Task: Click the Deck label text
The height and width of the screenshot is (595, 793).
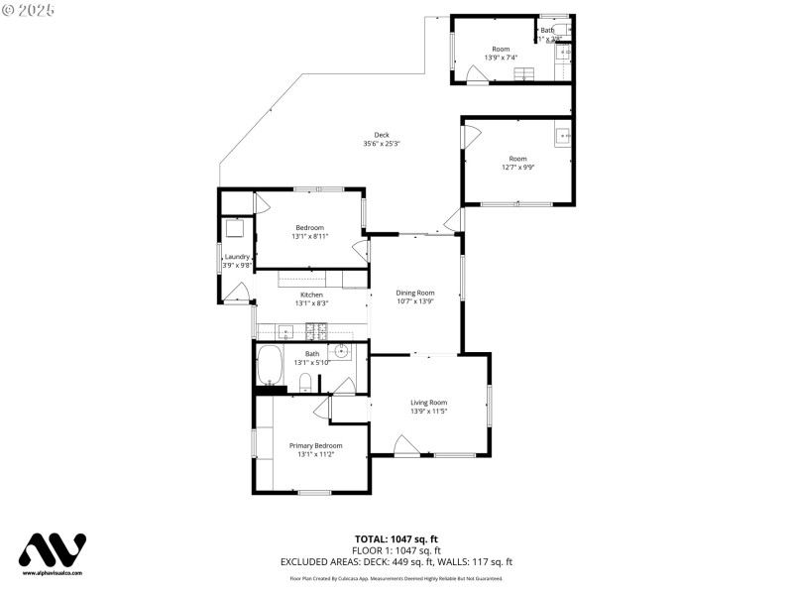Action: (382, 135)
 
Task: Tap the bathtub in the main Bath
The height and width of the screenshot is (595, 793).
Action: (271, 367)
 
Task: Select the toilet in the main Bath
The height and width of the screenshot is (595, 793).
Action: (305, 383)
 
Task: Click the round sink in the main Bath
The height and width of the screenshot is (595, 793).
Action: (341, 350)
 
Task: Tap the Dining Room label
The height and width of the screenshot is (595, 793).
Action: (415, 293)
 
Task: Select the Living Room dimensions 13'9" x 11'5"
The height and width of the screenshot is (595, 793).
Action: (428, 411)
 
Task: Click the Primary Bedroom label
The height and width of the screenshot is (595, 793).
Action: (315, 446)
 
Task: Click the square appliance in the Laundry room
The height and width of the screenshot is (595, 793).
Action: (235, 228)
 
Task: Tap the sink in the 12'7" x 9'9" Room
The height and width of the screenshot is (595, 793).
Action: (563, 135)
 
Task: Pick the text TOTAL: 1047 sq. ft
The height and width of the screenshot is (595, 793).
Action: (396, 538)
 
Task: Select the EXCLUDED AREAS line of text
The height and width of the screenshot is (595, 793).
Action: (396, 562)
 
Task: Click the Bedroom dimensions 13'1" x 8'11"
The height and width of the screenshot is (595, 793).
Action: (309, 237)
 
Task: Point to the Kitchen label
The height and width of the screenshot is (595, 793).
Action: (312, 295)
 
